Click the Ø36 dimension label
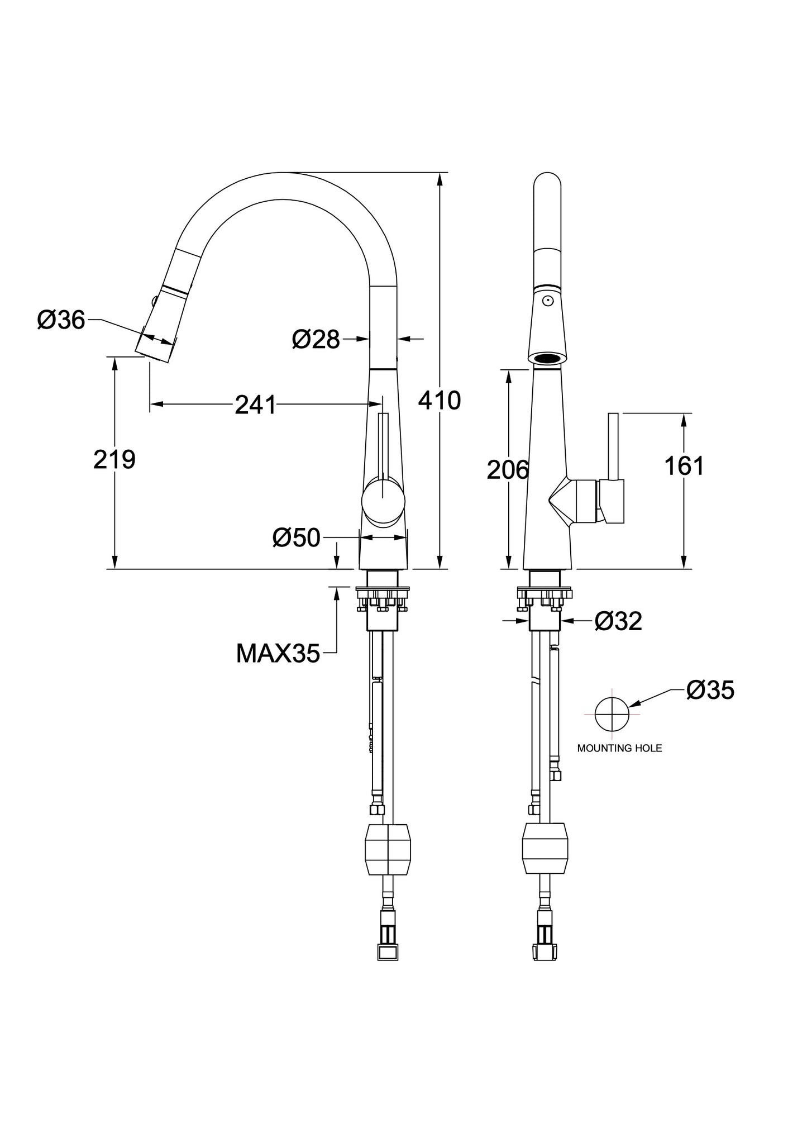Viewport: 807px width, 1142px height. click(x=61, y=320)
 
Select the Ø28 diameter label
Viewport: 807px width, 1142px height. click(x=316, y=339)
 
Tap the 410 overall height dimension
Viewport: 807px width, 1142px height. click(x=440, y=400)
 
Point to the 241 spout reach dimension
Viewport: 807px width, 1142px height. click(x=255, y=405)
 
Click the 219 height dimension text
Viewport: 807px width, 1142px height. click(x=114, y=459)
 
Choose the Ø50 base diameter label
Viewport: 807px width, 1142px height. click(x=297, y=537)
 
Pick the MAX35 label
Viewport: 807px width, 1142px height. click(x=278, y=653)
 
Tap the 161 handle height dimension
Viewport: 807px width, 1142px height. click(x=684, y=465)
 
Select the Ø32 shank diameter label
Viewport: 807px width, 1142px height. click(x=619, y=621)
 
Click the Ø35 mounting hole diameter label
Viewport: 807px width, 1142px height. click(x=710, y=690)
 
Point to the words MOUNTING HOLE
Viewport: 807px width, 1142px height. click(x=619, y=748)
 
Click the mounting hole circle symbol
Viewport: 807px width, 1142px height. click(x=612, y=698)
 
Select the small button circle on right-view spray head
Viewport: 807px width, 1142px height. click(x=548, y=301)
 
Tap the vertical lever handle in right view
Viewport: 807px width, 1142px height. click(x=613, y=447)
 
